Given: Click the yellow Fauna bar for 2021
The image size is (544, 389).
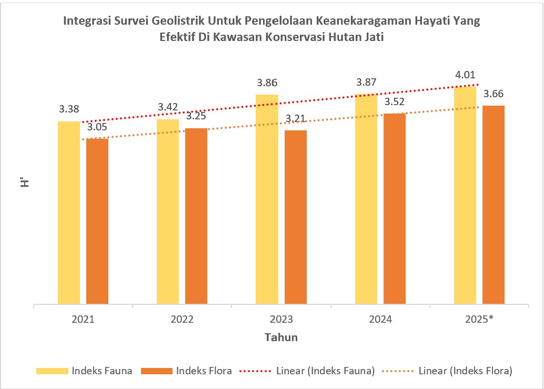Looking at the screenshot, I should pos(69,212).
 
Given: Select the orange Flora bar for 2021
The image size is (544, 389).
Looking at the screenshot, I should pos(97,221).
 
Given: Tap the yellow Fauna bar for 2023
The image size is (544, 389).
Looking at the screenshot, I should pos(267,199).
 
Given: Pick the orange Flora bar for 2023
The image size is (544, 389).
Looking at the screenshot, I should pos(296,217).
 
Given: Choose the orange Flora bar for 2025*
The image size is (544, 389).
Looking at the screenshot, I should pos(493,204).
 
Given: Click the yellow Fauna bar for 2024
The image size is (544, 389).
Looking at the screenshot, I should pos(366,199).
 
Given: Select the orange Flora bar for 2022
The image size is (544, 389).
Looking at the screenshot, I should pos(196,216).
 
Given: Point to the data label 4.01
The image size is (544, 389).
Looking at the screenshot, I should pos(465,75).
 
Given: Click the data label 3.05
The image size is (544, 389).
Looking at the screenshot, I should pos(97,127).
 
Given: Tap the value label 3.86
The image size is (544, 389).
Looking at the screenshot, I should pos(267,83).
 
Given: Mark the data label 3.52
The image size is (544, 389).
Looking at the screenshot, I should pos(395,101).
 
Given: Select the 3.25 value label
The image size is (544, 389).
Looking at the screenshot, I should pos(196,116).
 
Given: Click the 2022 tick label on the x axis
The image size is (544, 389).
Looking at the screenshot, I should pos(182,319).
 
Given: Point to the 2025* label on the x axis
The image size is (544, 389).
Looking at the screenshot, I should pos(479,319).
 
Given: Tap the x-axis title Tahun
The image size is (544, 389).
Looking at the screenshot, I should pos(281,337).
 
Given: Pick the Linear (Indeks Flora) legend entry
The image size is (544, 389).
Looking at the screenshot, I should pos(465,371).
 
